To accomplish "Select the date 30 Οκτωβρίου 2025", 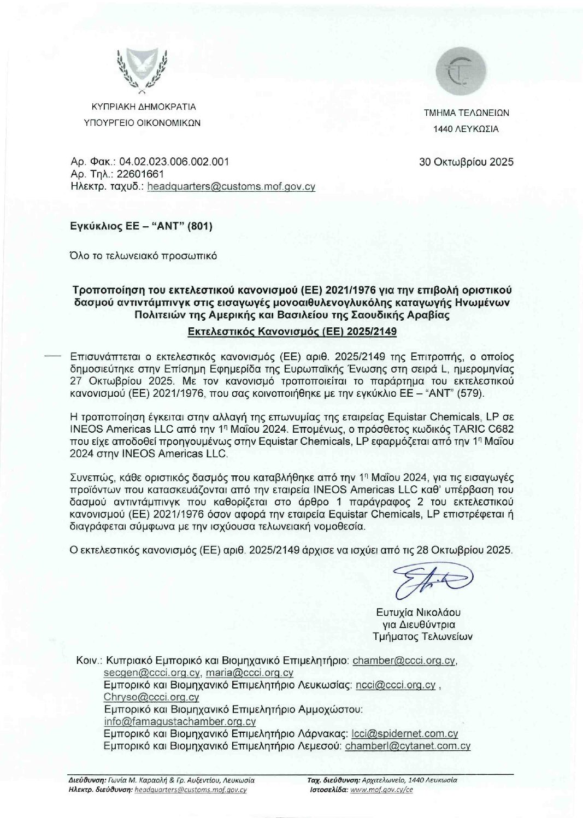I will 466,162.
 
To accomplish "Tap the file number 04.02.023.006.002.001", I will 174,162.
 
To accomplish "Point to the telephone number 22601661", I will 140,174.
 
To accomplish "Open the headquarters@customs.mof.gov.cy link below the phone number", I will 231,186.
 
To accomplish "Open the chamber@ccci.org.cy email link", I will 404,661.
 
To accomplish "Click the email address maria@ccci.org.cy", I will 249,673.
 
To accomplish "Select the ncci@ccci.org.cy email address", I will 396,685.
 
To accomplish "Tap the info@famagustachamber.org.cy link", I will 180,721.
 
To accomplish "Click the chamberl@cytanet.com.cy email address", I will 408,746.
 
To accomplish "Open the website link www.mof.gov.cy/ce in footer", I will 381,790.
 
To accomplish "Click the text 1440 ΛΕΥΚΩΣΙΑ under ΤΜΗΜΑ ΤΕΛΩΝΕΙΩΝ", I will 466,130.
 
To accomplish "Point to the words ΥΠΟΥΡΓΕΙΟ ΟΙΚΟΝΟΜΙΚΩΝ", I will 142,123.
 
